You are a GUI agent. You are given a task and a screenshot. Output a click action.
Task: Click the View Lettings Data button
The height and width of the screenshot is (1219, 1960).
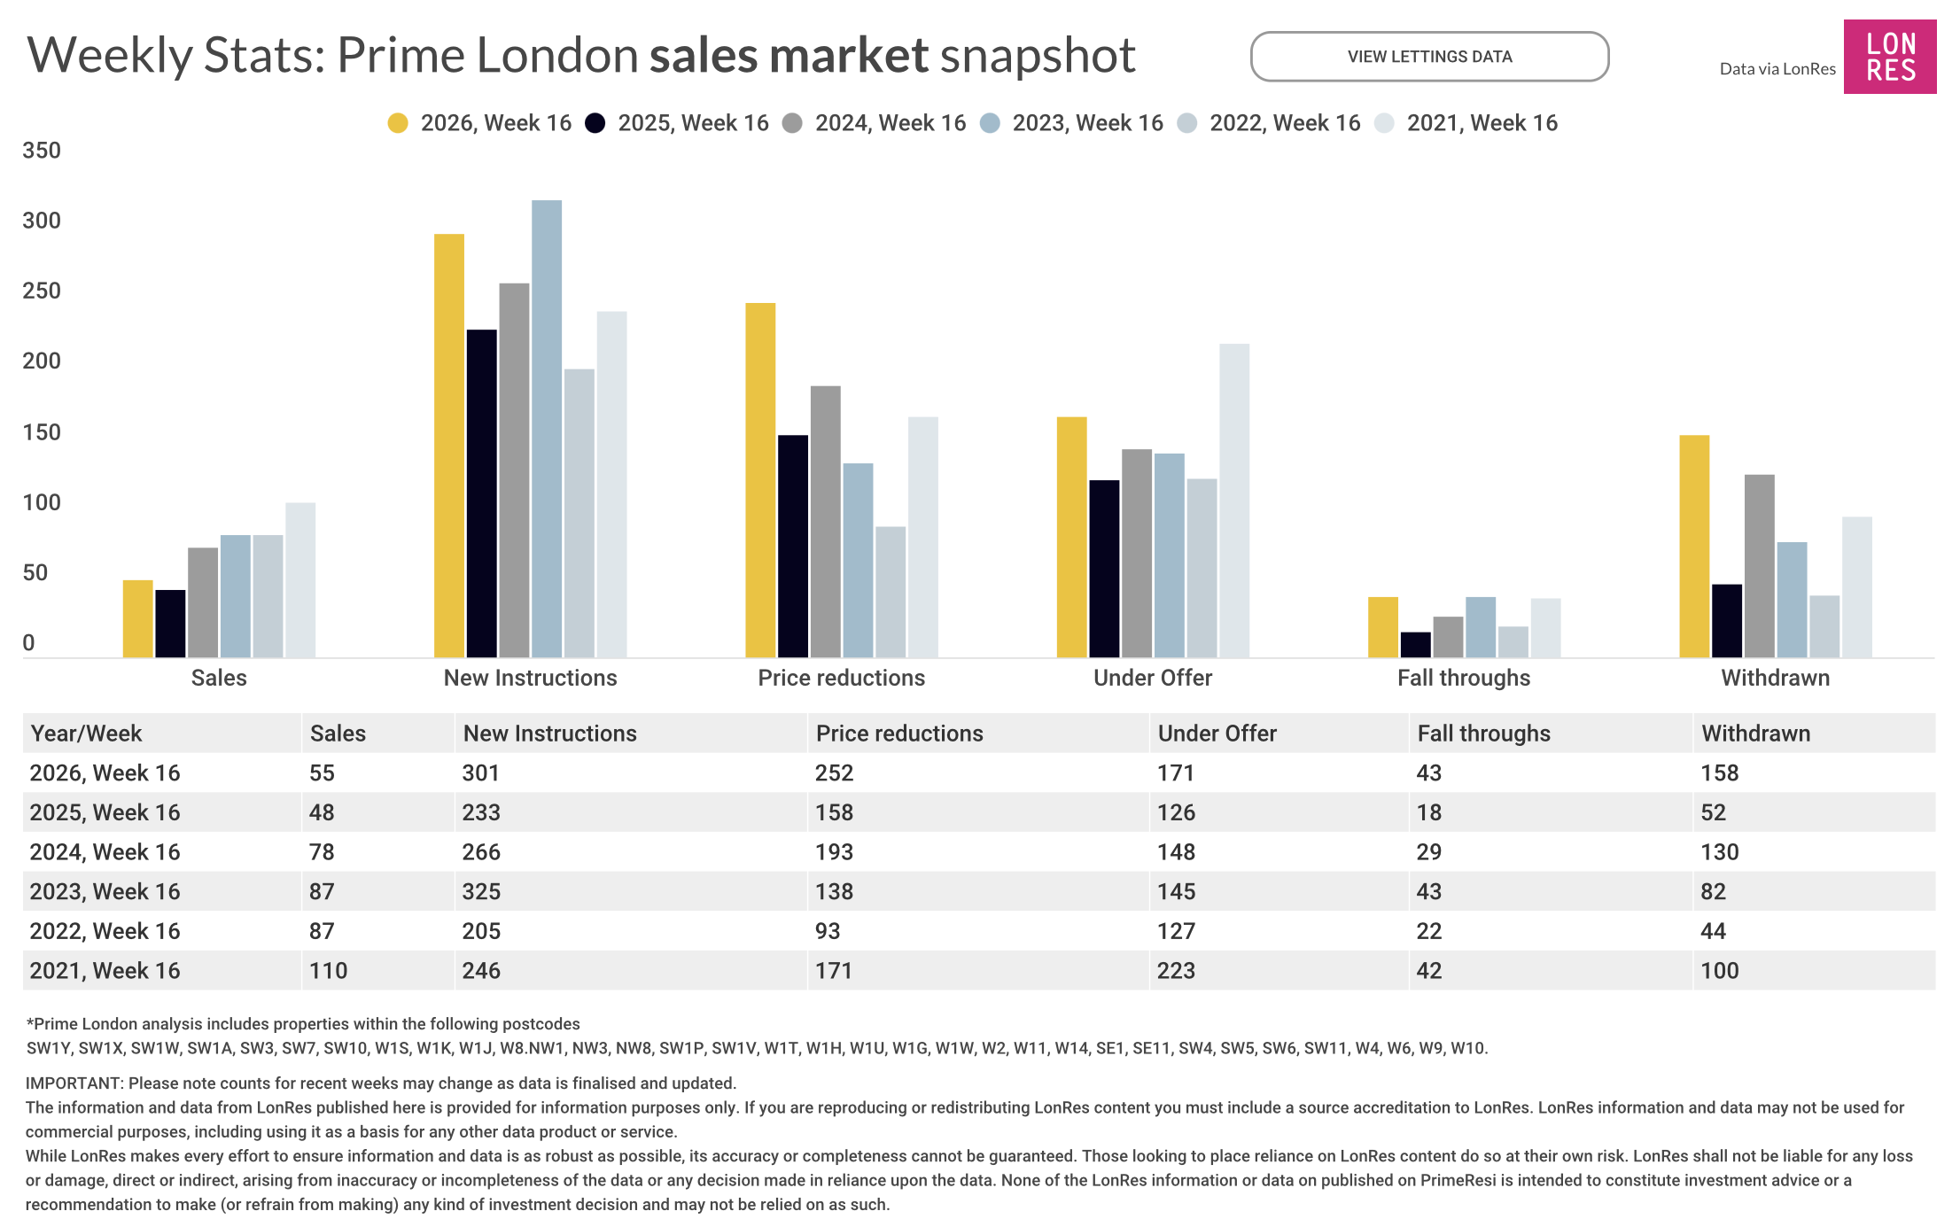1429,57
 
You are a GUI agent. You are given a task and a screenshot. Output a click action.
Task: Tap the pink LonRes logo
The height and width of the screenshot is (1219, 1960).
1889,57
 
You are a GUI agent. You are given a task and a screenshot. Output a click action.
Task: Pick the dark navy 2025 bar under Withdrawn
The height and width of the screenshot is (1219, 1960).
1726,620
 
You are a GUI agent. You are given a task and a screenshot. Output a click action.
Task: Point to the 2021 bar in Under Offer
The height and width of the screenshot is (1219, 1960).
1233,501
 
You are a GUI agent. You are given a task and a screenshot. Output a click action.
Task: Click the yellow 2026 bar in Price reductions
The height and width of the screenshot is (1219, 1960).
760,479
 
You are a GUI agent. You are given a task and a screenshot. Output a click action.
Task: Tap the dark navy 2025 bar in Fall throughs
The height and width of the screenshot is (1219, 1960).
1415,644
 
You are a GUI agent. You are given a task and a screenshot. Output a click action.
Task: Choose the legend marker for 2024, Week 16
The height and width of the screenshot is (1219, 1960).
793,123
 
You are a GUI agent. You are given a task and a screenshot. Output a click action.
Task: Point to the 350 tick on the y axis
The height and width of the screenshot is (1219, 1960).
42,151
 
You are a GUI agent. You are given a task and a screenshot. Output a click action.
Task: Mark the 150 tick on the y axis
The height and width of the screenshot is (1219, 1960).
42,432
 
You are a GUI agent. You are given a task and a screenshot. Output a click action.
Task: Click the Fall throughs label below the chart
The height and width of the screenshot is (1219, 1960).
1463,678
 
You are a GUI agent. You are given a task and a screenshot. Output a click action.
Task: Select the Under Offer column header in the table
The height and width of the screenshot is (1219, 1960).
1217,734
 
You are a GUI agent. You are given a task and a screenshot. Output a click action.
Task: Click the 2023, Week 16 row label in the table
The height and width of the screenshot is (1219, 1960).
105,891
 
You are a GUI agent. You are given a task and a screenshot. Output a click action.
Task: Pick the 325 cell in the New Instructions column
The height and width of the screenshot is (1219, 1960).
481,891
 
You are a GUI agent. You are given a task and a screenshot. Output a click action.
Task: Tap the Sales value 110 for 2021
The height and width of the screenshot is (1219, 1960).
328,971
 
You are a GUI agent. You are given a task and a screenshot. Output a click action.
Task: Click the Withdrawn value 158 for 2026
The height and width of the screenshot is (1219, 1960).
1719,773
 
